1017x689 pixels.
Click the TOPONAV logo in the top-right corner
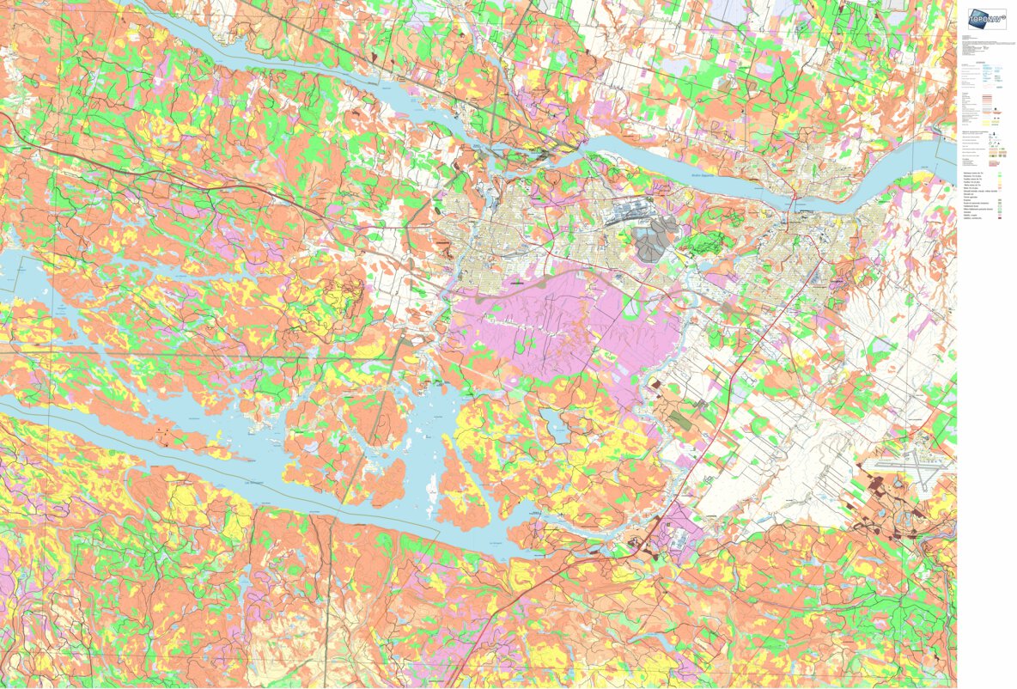(x=987, y=19)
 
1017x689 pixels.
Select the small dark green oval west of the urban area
(x=444, y=246)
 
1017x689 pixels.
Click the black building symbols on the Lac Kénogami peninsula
(x=163, y=438)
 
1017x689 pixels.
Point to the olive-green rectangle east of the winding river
(x=679, y=419)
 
